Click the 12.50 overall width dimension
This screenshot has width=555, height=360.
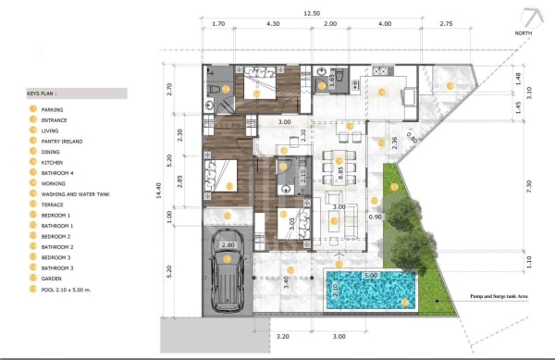[314, 12]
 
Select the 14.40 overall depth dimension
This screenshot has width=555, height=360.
[158, 191]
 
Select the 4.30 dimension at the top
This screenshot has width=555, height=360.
[273, 24]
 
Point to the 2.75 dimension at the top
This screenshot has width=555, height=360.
[446, 24]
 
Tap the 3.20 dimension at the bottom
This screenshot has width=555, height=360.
[284, 338]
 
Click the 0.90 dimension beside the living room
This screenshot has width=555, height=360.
[376, 217]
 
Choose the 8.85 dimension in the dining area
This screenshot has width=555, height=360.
[340, 170]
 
